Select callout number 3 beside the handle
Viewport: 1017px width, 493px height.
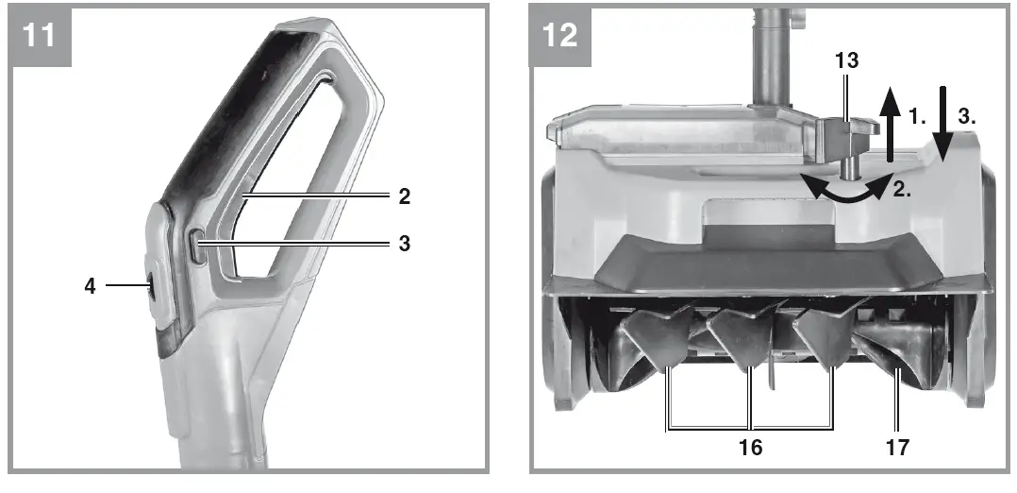(x=404, y=244)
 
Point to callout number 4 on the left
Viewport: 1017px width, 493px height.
(x=91, y=284)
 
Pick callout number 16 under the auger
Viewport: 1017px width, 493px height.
(x=750, y=447)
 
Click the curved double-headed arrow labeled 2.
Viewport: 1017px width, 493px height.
(x=844, y=189)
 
